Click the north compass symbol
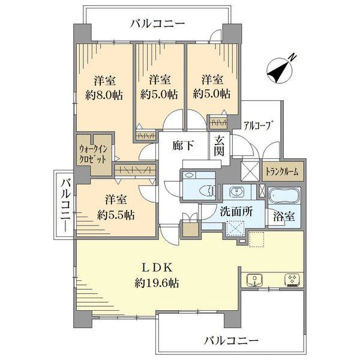tap(280, 70)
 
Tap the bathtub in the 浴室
tap(284, 196)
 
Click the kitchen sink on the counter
tap(254, 280)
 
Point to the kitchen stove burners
tap(292, 280)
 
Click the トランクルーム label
tap(282, 172)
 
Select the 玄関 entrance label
tap(219, 146)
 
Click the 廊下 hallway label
tap(183, 145)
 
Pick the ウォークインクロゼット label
tap(93, 155)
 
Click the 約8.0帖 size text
tap(104, 95)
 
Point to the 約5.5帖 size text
tap(116, 215)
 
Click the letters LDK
tap(157, 268)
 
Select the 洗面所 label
tap(236, 212)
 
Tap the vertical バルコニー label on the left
tap(67, 205)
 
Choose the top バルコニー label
tap(157, 23)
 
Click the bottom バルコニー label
tap(232, 340)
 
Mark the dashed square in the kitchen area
tap(256, 239)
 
